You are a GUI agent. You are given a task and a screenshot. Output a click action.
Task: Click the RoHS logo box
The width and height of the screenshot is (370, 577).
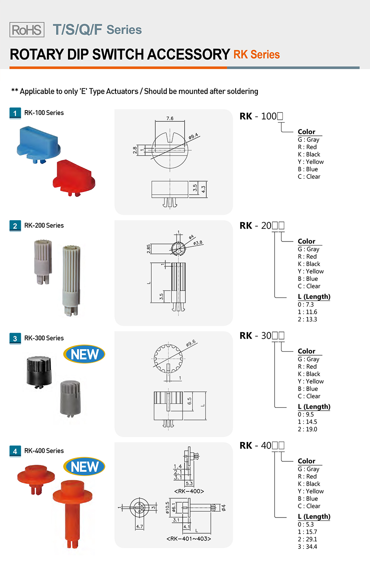27,30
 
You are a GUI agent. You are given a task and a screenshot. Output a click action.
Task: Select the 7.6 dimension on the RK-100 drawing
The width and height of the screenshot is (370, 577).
170,119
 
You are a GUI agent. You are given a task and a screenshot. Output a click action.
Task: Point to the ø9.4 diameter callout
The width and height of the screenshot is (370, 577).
193,137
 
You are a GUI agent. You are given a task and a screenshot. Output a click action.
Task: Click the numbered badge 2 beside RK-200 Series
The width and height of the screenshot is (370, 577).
15,226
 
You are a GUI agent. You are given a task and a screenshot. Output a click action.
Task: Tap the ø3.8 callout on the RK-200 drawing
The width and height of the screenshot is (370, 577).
198,243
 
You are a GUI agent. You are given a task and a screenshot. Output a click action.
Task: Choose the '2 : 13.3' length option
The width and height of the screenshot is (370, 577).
307,319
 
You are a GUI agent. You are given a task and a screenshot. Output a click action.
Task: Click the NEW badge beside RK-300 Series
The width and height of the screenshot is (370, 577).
84,354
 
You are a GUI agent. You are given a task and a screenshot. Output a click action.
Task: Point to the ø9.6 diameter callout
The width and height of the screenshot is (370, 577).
191,343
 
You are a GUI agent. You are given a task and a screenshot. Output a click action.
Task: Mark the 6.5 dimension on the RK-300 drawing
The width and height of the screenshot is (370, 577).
189,401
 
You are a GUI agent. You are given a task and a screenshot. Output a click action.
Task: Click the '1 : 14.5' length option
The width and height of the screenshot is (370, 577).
307,422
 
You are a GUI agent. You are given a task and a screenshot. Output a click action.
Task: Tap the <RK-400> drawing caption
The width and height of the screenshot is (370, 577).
189,491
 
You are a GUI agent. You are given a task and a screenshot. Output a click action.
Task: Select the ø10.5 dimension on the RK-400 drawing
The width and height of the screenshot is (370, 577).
168,507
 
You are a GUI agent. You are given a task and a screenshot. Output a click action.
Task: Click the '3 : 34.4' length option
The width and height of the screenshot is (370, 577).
307,547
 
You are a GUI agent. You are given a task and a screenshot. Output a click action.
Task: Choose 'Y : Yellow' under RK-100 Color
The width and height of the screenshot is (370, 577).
310,162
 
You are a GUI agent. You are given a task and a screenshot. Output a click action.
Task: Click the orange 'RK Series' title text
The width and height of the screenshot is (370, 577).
257,55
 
